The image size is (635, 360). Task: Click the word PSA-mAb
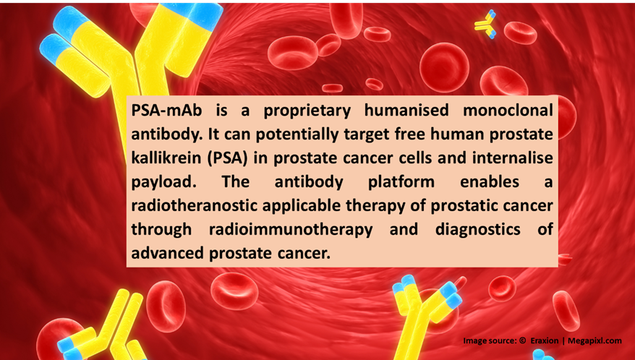[x=166, y=110]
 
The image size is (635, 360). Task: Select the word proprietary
[x=307, y=111]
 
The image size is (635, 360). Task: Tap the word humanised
[x=406, y=110]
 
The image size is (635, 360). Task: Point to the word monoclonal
[x=508, y=110]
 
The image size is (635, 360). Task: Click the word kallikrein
[x=166, y=158]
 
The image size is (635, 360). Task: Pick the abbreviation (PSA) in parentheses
[x=228, y=158]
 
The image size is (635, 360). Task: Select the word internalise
[x=513, y=158]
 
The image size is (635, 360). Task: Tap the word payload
[x=163, y=182]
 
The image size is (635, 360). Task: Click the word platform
[x=401, y=182]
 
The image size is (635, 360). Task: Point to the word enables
[x=490, y=182]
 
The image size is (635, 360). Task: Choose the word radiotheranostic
[x=195, y=206]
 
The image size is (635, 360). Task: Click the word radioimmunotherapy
[x=291, y=230]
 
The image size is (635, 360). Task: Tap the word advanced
[x=167, y=254]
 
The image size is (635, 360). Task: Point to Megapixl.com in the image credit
[x=594, y=341]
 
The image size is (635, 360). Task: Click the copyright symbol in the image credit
[x=522, y=340]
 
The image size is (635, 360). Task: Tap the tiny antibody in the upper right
[x=485, y=25]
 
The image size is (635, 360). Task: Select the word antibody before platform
[x=309, y=182]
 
